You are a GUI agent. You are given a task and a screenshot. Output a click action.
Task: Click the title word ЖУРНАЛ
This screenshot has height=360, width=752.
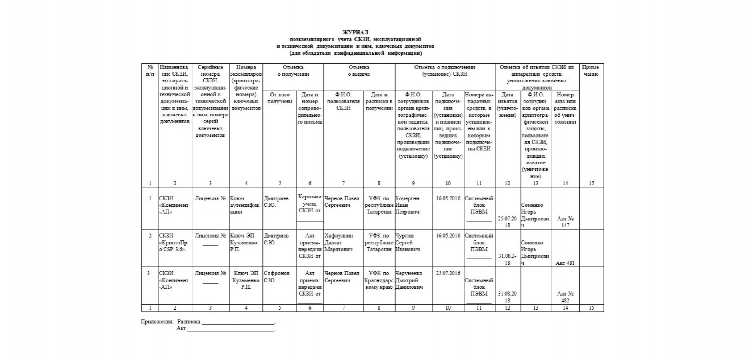pyautogui.click(x=355, y=32)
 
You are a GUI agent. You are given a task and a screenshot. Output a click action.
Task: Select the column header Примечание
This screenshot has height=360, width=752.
pyautogui.click(x=591, y=71)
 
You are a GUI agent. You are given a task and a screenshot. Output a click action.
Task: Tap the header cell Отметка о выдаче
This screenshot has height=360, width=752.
pyautogui.click(x=359, y=71)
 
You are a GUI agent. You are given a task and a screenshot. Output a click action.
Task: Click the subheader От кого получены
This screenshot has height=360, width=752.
pyautogui.click(x=279, y=98)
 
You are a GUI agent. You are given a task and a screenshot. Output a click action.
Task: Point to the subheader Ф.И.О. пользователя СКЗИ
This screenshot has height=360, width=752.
pyautogui.click(x=343, y=101)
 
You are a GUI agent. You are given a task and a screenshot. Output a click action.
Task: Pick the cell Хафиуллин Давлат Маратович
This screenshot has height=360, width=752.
pyautogui.click(x=338, y=242)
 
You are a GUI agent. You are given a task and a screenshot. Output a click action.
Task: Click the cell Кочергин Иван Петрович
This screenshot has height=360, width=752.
pyautogui.click(x=408, y=205)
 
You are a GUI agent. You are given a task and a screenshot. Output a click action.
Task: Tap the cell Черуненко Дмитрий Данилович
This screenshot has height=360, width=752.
pyautogui.click(x=409, y=280)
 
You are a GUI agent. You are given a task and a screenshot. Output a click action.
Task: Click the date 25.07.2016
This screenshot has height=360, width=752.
pyautogui.click(x=448, y=273)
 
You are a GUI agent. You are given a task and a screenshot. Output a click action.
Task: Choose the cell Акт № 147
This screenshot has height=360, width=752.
pyautogui.click(x=565, y=222)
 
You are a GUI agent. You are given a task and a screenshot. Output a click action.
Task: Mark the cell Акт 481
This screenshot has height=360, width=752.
pyautogui.click(x=565, y=263)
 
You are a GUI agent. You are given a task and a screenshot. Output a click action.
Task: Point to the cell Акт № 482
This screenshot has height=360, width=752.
pyautogui.click(x=565, y=297)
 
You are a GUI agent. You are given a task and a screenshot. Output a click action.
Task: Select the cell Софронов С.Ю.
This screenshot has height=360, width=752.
pyautogui.click(x=276, y=277)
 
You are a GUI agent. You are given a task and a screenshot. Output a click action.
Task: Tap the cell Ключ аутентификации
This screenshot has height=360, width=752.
pyautogui.click(x=245, y=205)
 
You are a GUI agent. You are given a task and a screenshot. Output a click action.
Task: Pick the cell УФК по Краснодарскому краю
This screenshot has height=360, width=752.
pyautogui.click(x=379, y=280)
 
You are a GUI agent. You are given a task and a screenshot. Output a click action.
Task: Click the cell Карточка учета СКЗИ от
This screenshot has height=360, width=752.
pyautogui.click(x=310, y=204)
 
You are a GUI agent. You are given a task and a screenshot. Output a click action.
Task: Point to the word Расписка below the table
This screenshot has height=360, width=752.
pyautogui.click(x=189, y=322)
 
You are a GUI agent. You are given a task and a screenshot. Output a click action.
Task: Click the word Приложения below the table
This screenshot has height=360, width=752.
pyautogui.click(x=157, y=322)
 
